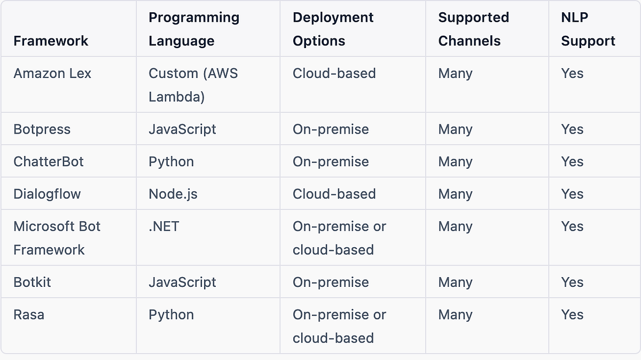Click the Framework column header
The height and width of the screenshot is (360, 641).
tap(51, 41)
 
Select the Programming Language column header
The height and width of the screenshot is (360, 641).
tap(194, 29)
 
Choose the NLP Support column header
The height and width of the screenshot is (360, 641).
tap(588, 29)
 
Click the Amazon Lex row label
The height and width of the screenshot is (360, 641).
tap(52, 73)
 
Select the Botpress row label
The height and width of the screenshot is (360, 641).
tap(42, 129)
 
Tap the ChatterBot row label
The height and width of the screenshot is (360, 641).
tap(49, 162)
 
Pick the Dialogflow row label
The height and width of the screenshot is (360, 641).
tap(47, 194)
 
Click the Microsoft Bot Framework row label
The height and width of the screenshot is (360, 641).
tap(57, 238)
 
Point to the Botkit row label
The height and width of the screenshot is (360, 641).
tap(32, 282)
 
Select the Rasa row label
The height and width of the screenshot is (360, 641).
tap(29, 315)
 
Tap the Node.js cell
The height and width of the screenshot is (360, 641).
tap(173, 194)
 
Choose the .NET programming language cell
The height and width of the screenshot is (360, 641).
tap(164, 226)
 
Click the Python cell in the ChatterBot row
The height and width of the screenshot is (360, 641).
tap(171, 162)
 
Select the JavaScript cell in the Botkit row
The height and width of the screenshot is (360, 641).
tap(182, 282)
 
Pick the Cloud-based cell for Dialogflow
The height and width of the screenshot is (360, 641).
tap(334, 194)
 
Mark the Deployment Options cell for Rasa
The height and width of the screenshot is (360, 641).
tap(339, 326)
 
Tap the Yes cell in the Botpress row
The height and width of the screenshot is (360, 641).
tap(572, 129)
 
